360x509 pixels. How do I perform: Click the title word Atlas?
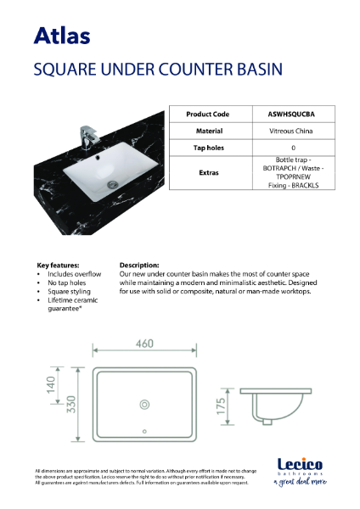tap(62, 35)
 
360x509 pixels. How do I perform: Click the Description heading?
tap(139, 265)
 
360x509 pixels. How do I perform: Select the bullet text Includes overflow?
tap(74, 274)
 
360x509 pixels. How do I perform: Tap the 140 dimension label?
tap(53, 386)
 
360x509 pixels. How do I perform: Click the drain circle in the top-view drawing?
tap(143, 403)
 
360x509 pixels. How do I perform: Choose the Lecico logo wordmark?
tap(300, 465)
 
